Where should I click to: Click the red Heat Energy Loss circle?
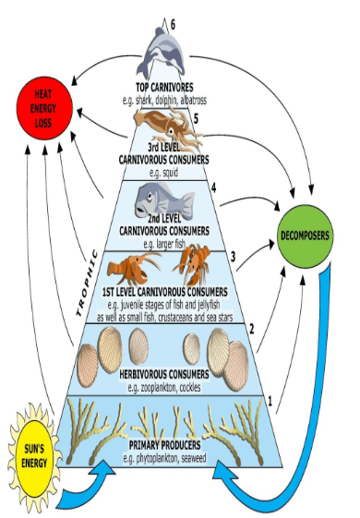pyautogui.click(x=44, y=109)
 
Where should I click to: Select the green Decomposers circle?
pyautogui.click(x=306, y=235)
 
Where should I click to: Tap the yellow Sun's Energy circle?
pyautogui.click(x=33, y=456)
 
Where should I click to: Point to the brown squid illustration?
pyautogui.click(x=168, y=127)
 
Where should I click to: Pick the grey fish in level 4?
pyautogui.click(x=164, y=199)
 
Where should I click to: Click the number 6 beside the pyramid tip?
pyautogui.click(x=173, y=24)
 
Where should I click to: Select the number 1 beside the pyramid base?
pyautogui.click(x=270, y=402)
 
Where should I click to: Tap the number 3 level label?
pyautogui.click(x=234, y=257)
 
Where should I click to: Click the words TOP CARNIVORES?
pyautogui.click(x=164, y=87)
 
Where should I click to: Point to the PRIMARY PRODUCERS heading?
pyautogui.click(x=164, y=445)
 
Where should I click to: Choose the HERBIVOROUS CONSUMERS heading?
pyautogui.click(x=164, y=374)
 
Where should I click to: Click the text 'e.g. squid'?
pyautogui.click(x=164, y=173)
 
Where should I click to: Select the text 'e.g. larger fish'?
pyautogui.click(x=164, y=244)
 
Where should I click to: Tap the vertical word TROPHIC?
pyautogui.click(x=88, y=283)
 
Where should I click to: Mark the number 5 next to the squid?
pyautogui.click(x=197, y=119)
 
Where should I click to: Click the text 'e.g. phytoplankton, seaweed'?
pyautogui.click(x=164, y=459)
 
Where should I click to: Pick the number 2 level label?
pyautogui.click(x=252, y=329)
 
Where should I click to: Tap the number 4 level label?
pyautogui.click(x=214, y=188)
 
